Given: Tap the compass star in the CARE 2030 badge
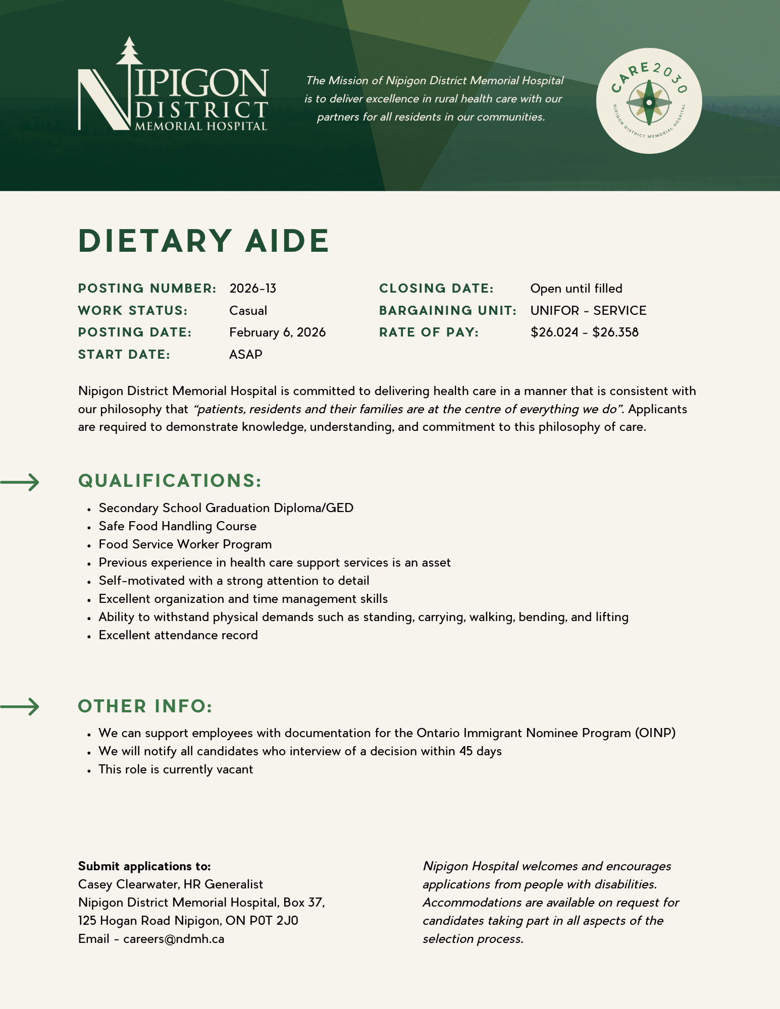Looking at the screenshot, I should point(649,102).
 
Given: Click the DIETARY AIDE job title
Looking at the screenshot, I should point(204,241).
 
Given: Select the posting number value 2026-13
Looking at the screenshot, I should point(253,289).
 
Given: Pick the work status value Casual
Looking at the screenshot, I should point(248,311).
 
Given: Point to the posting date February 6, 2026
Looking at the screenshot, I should point(277,332).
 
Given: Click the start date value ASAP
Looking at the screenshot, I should point(246,355).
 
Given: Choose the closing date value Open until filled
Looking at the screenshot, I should point(576,289).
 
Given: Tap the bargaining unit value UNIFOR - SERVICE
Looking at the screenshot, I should point(588,311).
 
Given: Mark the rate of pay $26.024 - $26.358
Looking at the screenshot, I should point(584,332).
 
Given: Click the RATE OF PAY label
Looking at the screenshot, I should point(429,332).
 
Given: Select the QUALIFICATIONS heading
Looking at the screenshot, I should point(170,481).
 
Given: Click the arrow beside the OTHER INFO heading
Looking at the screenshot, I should point(20,706).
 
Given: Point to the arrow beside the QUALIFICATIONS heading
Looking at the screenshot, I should point(20,482).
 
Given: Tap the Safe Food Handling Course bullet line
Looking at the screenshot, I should point(177,526).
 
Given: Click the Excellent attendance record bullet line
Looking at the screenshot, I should point(178,635).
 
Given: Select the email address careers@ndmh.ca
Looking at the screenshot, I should point(174,939).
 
